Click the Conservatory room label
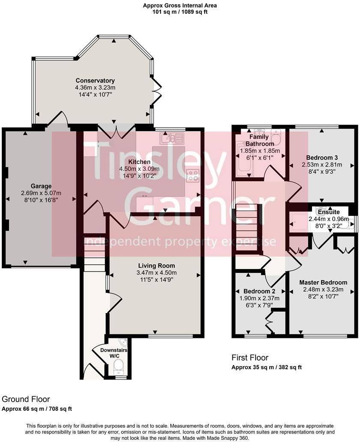pos(95,81)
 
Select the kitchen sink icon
pos(172,138)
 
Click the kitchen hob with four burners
pos(192,175)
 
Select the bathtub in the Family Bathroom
pos(243,160)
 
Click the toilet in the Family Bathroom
pos(275,137)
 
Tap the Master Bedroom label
pos(323,283)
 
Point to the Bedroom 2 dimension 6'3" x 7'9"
pos(259,306)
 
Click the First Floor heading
pos(250,358)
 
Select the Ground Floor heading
pos(26,399)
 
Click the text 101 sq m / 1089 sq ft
pos(180,12)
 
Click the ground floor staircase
pos(94,253)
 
